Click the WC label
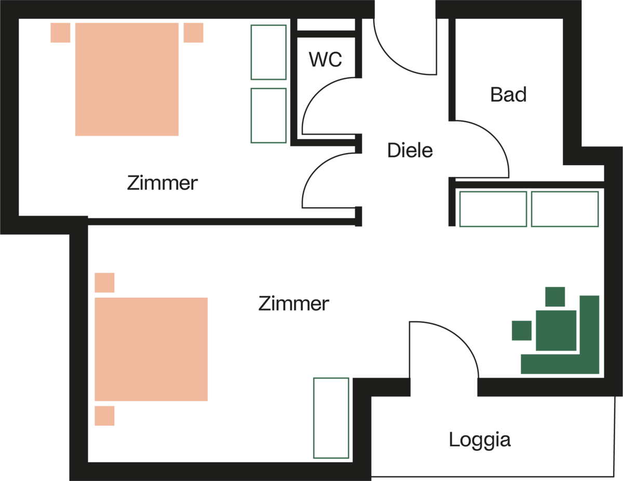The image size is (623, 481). (326, 60)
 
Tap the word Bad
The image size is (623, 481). (508, 95)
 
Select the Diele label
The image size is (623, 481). (410, 150)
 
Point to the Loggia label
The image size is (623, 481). (480, 439)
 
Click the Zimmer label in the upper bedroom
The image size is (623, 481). (162, 183)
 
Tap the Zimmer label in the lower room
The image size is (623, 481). (293, 303)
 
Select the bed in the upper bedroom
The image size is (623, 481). (127, 79)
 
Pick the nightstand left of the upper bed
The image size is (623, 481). (60, 33)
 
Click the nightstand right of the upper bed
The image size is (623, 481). (193, 33)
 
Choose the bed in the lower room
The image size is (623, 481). (151, 349)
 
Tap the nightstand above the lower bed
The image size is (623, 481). (104, 283)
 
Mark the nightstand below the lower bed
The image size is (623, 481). (104, 416)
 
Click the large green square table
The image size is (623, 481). (556, 330)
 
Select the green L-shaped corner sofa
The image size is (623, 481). (589, 364)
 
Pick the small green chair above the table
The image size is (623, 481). (555, 297)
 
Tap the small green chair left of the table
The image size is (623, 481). (522, 330)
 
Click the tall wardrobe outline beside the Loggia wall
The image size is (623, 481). (331, 418)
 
